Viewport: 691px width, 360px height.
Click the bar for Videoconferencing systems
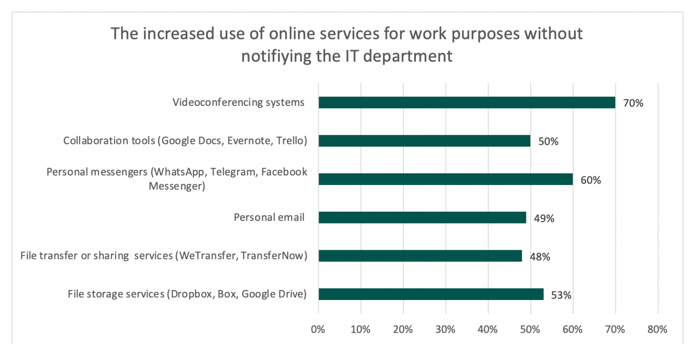pyautogui.click(x=466, y=102)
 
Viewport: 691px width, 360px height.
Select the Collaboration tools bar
pyautogui.click(x=424, y=141)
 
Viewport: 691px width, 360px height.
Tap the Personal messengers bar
pyautogui.click(x=445, y=179)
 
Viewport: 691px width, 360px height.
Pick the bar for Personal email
pyautogui.click(x=422, y=217)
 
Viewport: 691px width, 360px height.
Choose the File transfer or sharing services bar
pyautogui.click(x=420, y=256)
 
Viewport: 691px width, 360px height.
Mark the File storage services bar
pyautogui.click(x=431, y=294)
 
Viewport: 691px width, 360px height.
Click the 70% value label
pyautogui.click(x=633, y=103)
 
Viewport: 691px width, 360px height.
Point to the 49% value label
pyautogui.click(x=544, y=219)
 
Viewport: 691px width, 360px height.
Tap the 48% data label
pyautogui.click(x=540, y=257)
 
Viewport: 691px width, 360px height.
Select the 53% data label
pyautogui.click(x=561, y=295)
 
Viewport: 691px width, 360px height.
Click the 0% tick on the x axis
pyautogui.click(x=318, y=329)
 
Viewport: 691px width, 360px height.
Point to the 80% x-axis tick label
pyautogui.click(x=657, y=329)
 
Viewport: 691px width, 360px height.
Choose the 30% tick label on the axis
pyautogui.click(x=445, y=329)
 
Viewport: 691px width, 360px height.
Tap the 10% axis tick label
pyautogui.click(x=360, y=329)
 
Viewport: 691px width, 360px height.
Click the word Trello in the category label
pyautogui.click(x=292, y=141)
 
